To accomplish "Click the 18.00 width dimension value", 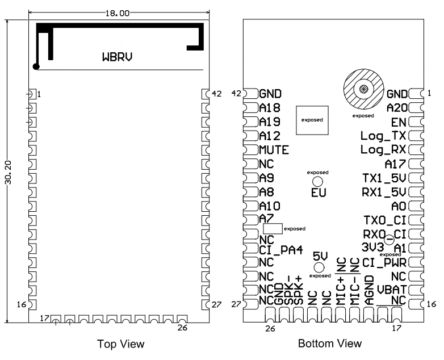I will pos(117,12).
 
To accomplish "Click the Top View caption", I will pos(120,344).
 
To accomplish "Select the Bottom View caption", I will pos(329,344).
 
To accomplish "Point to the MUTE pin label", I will pos(274,150).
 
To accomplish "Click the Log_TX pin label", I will pos(383,136).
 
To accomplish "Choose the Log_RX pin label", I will pos(383,150).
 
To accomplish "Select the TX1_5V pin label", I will pos(384,178).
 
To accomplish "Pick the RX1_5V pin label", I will pos(384,192).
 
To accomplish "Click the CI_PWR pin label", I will pos(384,262).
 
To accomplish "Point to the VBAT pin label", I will pos(391,290).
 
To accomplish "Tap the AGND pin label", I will pos(369,290).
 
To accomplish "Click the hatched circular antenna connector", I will pos(362,90).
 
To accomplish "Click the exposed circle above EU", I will pos(319,181).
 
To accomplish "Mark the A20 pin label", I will pos(396,108).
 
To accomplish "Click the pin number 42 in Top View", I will pos(216,94).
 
